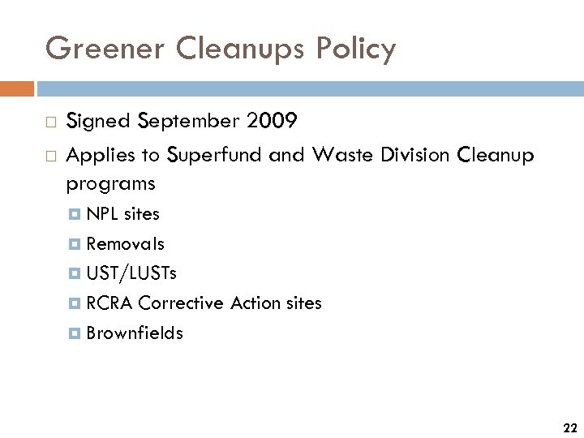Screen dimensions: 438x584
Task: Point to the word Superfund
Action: [x=215, y=154]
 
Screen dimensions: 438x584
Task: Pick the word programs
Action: [x=110, y=185]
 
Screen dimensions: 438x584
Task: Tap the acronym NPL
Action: [x=101, y=214]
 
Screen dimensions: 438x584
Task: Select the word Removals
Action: [x=125, y=243]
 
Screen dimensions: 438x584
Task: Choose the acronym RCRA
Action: [x=109, y=303]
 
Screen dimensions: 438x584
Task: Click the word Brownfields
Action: [x=135, y=333]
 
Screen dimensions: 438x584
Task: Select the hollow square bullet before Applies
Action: [x=51, y=154]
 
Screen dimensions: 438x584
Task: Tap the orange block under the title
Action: [x=17, y=88]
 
